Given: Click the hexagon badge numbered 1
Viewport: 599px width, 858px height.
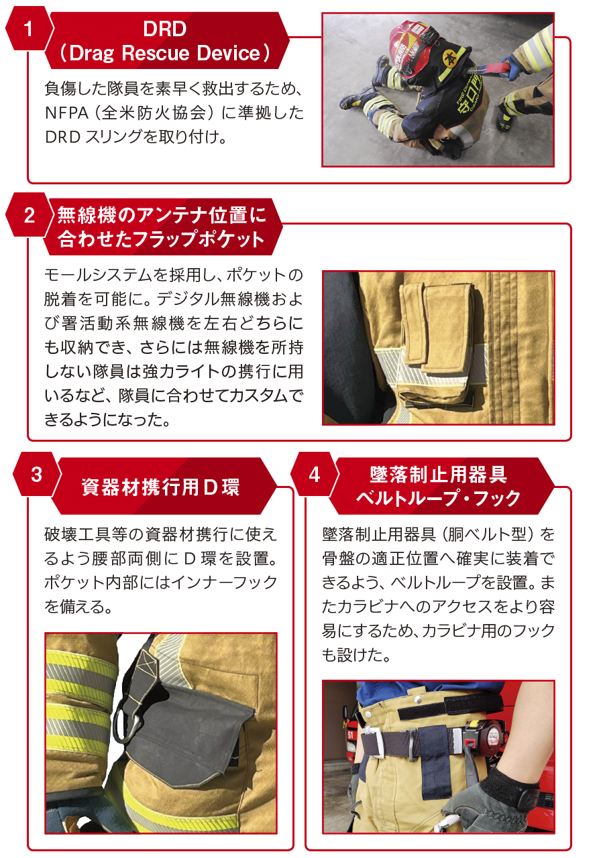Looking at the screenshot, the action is pos(28,29).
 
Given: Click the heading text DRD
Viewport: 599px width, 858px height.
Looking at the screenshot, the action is pos(165,29).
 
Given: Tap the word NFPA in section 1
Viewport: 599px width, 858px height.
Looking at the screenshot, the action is pos(66,113).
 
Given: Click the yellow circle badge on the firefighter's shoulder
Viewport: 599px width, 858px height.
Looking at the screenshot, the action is pos(450,58).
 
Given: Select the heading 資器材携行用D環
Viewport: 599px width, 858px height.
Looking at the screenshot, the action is pos(160,487).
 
